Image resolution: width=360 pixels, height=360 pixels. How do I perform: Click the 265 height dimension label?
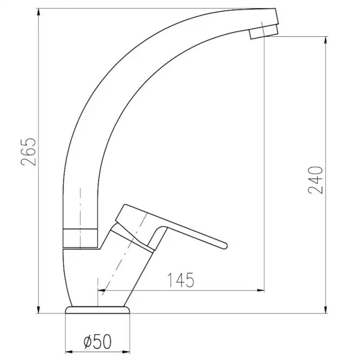coord(29,152)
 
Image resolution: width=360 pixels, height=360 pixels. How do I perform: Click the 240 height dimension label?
coord(315,180)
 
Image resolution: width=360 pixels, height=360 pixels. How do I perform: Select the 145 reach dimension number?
coord(181,280)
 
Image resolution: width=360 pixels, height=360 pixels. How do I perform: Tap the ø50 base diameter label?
coord(97,342)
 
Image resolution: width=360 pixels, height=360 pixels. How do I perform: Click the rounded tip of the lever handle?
coord(225,245)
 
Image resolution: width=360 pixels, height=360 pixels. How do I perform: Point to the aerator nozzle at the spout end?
coord(264,32)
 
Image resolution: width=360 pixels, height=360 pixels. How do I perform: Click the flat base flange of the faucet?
coord(97,310)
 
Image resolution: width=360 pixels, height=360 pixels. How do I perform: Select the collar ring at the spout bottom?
coord(80,238)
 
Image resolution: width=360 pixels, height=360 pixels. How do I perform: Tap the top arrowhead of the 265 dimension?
coord(38,12)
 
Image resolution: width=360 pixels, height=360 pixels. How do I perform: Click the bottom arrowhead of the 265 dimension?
coord(38,310)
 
